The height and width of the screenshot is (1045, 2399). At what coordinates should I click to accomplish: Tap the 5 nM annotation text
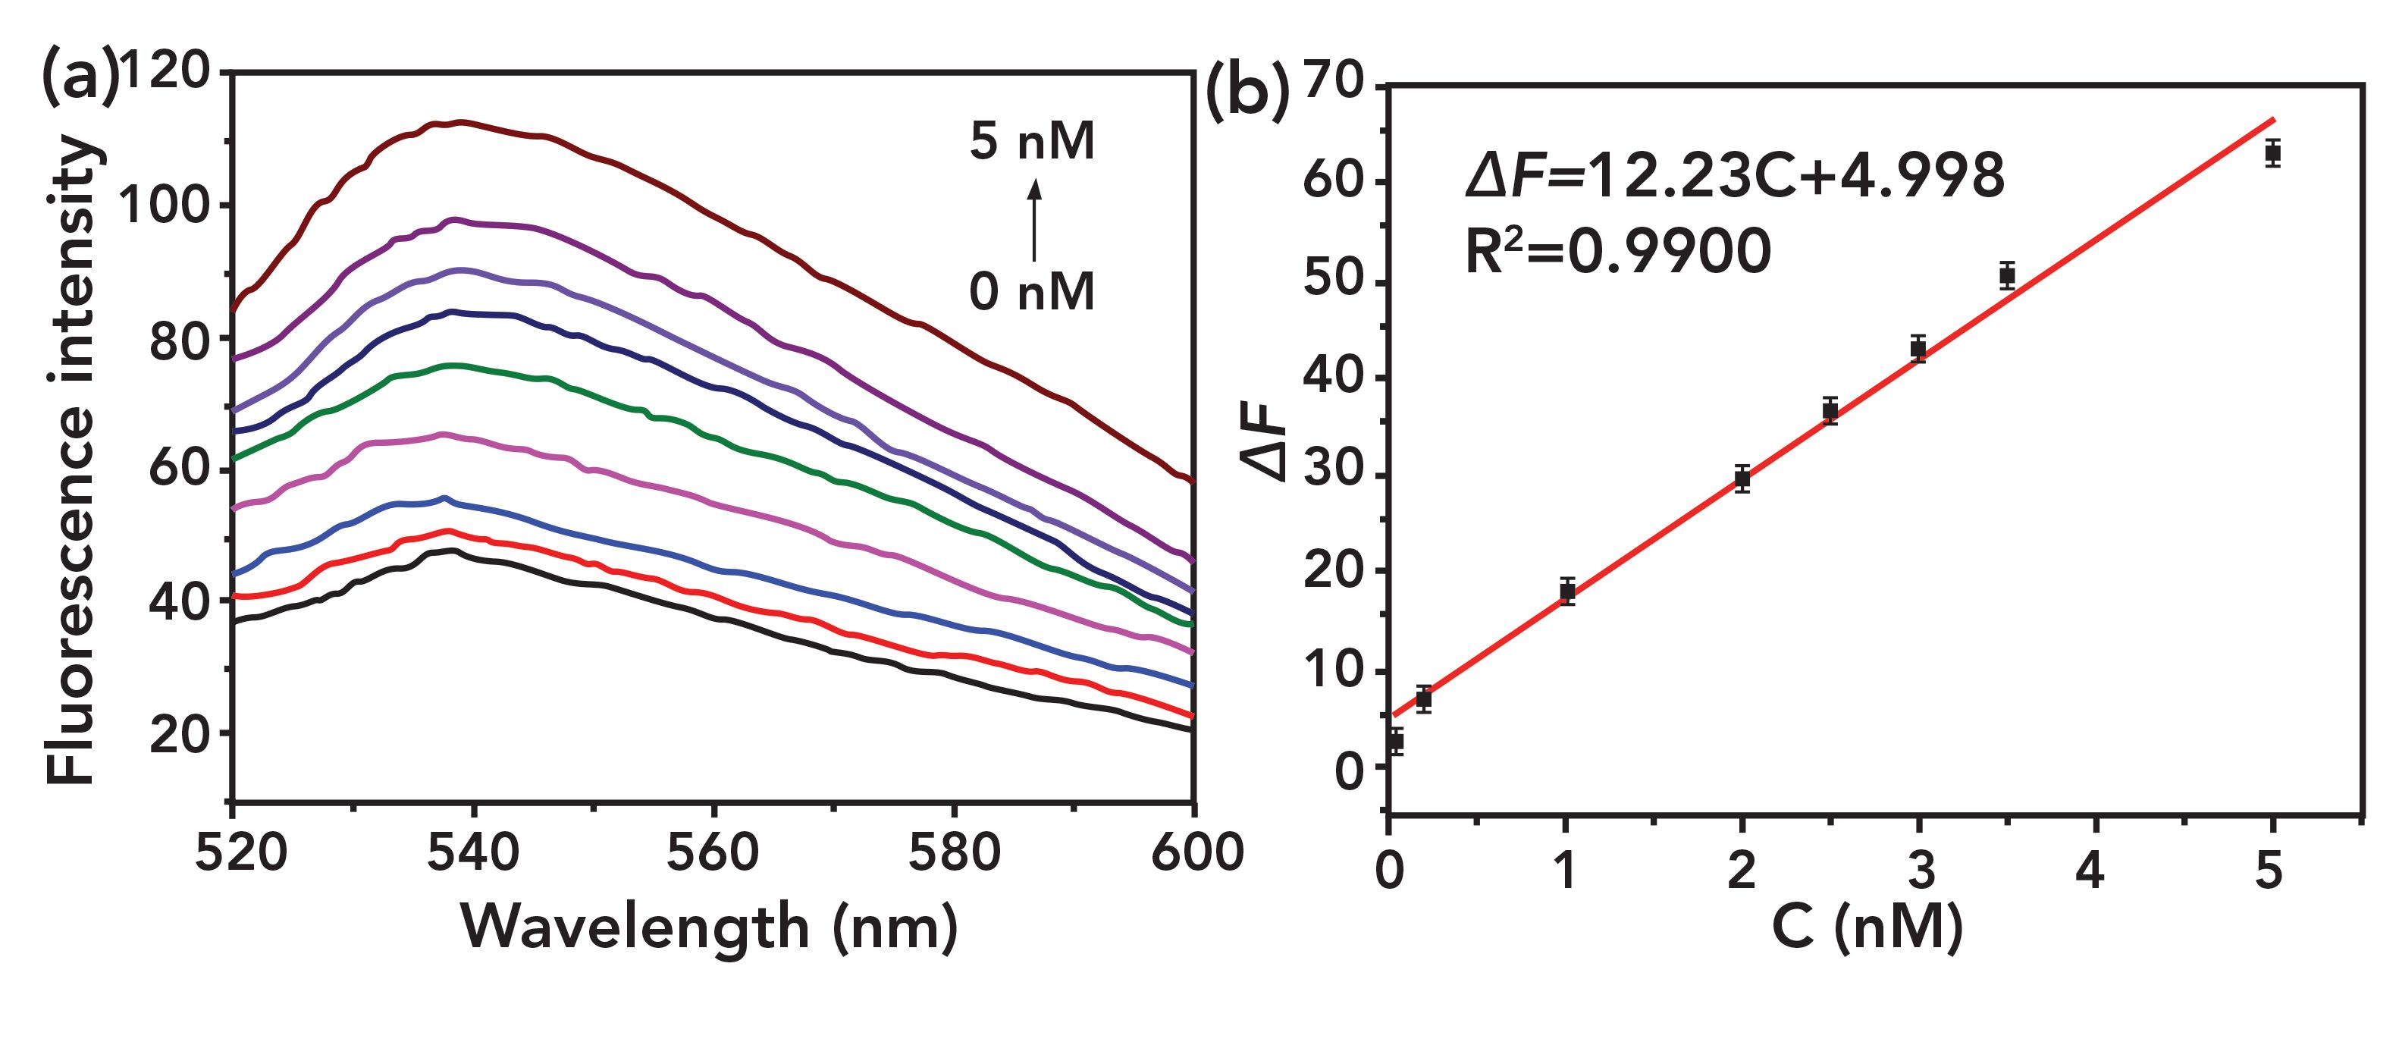tap(1032, 142)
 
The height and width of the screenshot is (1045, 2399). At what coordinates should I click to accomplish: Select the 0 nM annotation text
tap(1032, 291)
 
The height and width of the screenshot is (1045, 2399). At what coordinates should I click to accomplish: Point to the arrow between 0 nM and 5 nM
tap(1033, 219)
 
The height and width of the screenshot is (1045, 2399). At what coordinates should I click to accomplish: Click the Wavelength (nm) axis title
tap(710, 927)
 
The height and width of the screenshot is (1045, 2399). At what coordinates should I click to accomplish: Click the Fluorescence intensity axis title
tap(73, 461)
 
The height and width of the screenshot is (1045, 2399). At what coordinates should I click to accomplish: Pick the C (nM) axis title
tap(1867, 927)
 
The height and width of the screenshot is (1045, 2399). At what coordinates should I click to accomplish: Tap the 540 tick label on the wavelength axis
tap(473, 853)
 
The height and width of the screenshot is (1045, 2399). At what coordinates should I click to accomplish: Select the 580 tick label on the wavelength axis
tap(954, 853)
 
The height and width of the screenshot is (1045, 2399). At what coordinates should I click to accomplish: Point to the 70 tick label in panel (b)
tap(1333, 84)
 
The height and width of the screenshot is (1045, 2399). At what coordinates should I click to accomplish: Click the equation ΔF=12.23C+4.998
tap(1734, 176)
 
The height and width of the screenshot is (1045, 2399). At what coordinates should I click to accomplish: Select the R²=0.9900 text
tap(1617, 252)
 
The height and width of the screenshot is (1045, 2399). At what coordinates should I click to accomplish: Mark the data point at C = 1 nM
tap(1567, 592)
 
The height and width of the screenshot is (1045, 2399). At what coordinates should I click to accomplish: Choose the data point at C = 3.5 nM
tap(2007, 276)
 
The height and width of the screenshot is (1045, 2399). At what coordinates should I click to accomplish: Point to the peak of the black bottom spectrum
tap(453, 551)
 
